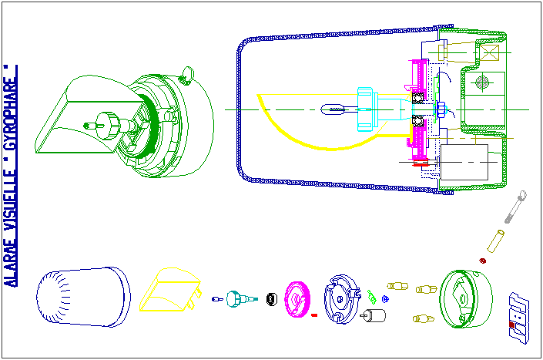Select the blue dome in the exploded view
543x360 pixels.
[83, 297]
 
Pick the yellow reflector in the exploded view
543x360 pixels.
[170, 290]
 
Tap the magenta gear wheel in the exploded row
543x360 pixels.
[297, 299]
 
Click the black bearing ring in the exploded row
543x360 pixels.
[272, 299]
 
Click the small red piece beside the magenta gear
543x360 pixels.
[314, 315]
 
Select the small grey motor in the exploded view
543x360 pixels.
[373, 315]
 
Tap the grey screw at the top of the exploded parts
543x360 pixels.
[515, 207]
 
